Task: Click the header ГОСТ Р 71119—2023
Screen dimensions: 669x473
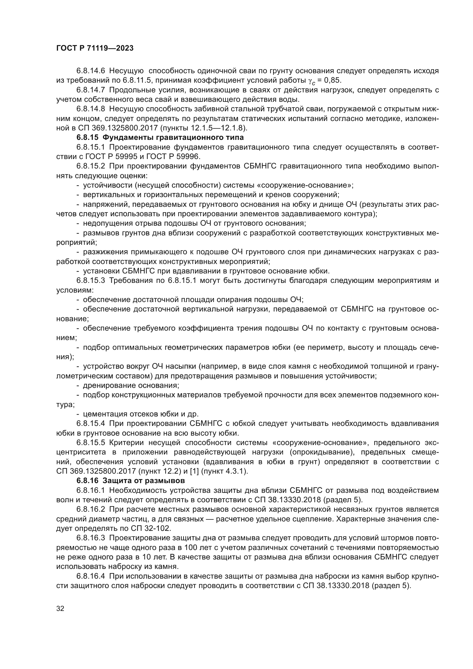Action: pos(95,48)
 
